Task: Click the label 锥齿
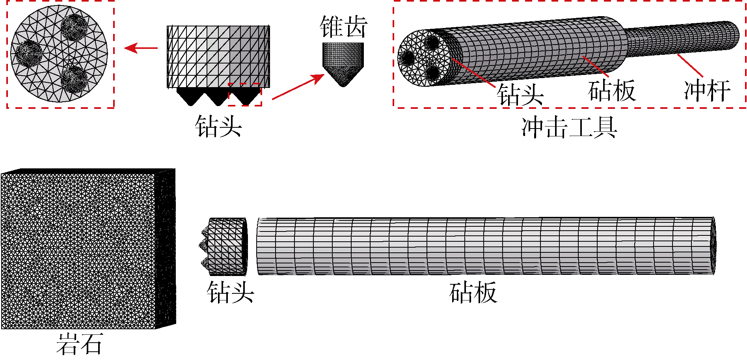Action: (x=344, y=27)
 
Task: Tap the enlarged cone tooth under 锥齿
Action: (x=343, y=63)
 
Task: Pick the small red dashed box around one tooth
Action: (x=245, y=94)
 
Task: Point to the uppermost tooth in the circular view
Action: (x=74, y=27)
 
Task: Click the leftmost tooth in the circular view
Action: (x=29, y=53)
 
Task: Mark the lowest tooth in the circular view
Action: (x=74, y=79)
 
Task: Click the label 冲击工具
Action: (x=569, y=127)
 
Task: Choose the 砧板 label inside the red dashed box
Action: (x=611, y=91)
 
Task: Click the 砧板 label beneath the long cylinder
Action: (x=473, y=293)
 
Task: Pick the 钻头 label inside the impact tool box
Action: (x=520, y=95)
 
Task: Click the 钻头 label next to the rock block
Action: (x=231, y=293)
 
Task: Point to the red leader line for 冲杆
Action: (x=690, y=65)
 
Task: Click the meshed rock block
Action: (x=79, y=250)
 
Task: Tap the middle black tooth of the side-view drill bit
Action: (x=218, y=97)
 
